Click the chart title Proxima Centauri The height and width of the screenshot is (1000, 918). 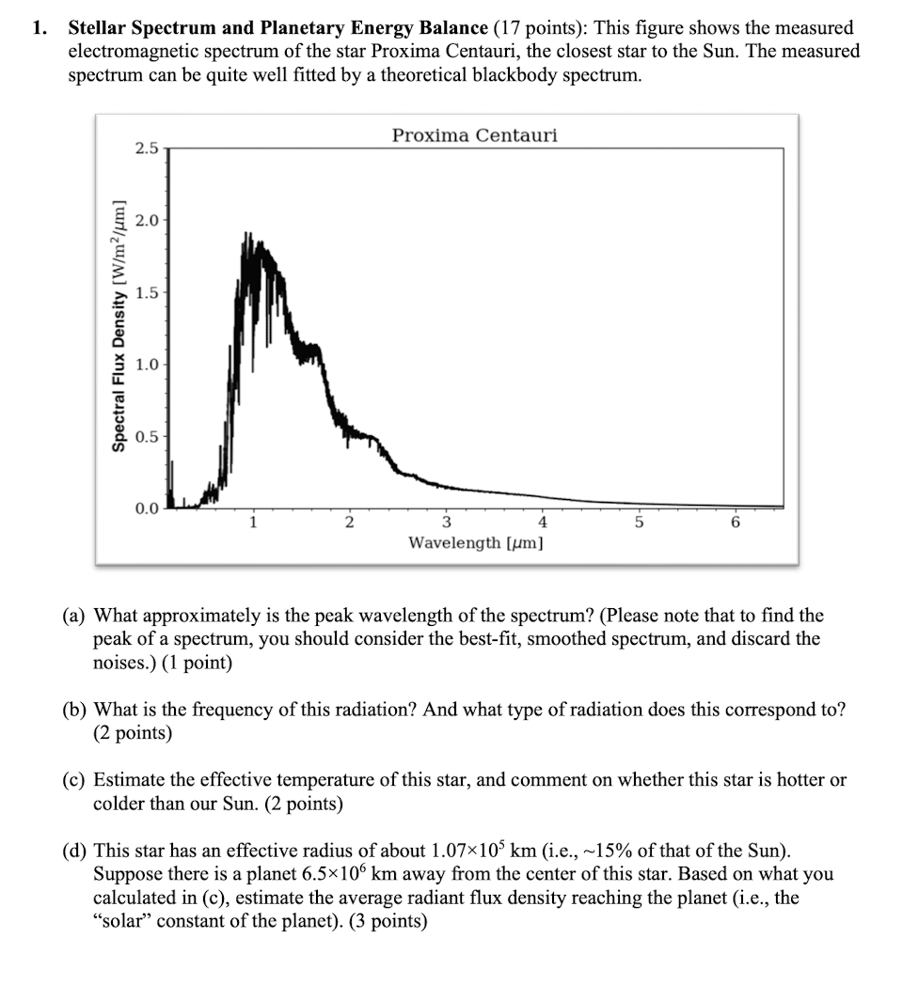coord(474,135)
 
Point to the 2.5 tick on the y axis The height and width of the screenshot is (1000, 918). coord(147,148)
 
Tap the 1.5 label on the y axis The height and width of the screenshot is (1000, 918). coord(147,292)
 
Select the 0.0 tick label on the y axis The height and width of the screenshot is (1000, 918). coord(147,509)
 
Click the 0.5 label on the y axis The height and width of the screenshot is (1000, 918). coord(147,437)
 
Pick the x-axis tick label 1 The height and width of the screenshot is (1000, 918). coord(251,523)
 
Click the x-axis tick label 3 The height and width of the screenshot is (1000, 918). coord(446,523)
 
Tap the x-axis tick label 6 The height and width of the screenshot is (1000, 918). coord(736,523)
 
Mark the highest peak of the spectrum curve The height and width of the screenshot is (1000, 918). coord(248,233)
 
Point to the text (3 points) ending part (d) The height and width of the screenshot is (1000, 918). coord(388,922)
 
